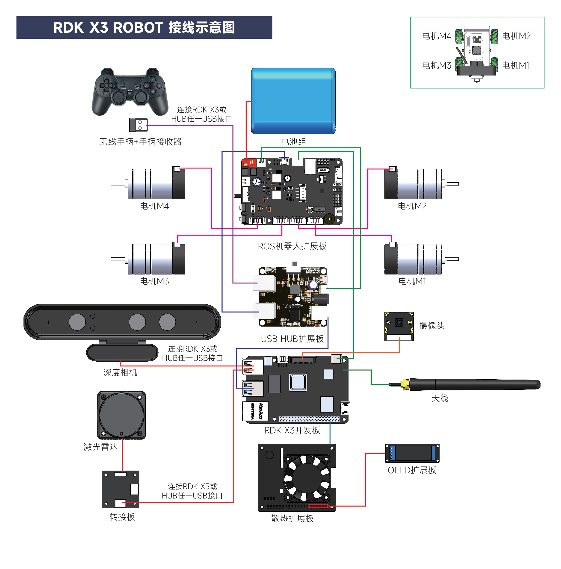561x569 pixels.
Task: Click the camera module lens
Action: click(x=399, y=322)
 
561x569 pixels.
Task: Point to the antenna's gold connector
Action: click(x=404, y=384)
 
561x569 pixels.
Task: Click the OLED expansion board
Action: click(x=412, y=453)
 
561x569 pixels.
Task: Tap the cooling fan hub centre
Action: click(x=307, y=478)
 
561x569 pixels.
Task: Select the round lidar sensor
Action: click(x=121, y=415)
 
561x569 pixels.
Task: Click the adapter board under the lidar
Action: click(x=120, y=489)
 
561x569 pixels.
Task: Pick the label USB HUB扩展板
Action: click(x=292, y=339)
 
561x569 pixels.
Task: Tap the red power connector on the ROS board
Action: click(x=248, y=162)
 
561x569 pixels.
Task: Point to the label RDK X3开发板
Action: click(x=292, y=430)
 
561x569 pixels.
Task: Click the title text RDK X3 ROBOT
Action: click(x=108, y=28)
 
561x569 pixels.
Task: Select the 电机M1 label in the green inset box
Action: click(x=515, y=65)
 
